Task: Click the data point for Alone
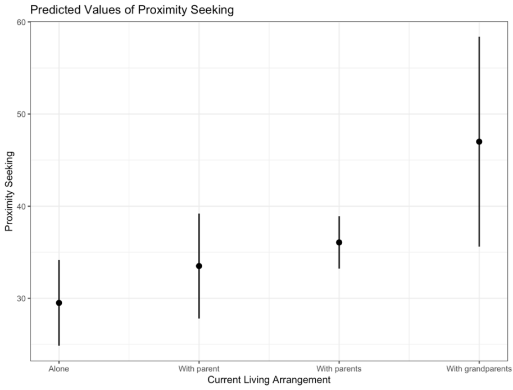[58, 303]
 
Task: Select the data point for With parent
[199, 266]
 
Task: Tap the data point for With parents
[339, 242]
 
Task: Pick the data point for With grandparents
[479, 142]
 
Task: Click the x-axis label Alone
[58, 369]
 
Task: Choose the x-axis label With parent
[199, 369]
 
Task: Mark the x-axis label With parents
[339, 369]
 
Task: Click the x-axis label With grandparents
[479, 369]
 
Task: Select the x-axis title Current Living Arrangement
[269, 380]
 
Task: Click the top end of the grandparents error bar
[479, 37]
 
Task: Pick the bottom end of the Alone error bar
[58, 345]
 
